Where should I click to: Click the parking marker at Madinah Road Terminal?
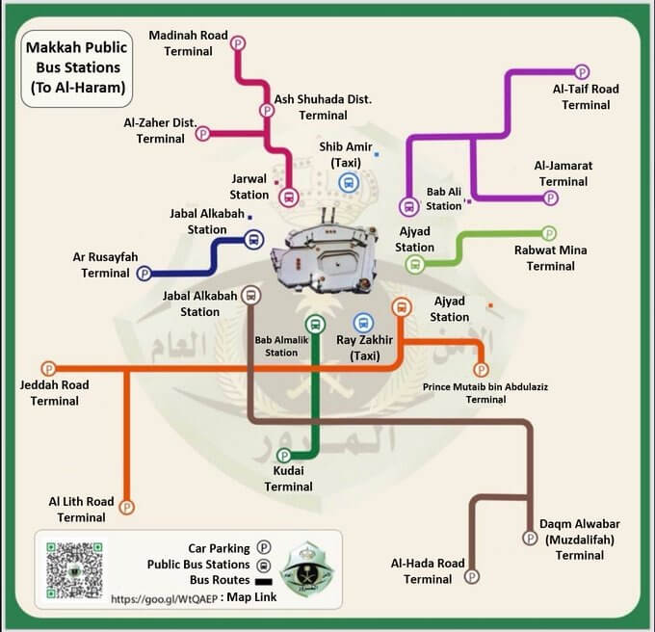(x=238, y=42)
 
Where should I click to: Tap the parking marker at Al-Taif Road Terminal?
(x=582, y=71)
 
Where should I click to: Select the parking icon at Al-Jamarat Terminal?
(x=551, y=198)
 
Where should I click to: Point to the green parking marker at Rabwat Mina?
(x=549, y=233)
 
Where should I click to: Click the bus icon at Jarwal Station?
(x=288, y=197)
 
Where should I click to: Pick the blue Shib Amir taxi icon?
(x=348, y=183)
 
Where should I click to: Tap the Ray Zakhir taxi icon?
(x=363, y=323)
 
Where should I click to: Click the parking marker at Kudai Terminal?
(x=284, y=455)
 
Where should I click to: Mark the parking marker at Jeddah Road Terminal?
(x=49, y=369)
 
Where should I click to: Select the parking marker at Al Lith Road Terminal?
(x=126, y=507)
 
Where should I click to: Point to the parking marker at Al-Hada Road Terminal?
(x=471, y=576)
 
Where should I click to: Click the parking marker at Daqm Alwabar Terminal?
(x=530, y=538)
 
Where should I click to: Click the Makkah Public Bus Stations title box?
(x=74, y=67)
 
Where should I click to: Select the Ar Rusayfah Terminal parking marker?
(x=144, y=274)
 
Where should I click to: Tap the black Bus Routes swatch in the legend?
(x=261, y=581)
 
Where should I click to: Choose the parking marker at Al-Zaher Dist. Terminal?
(x=203, y=134)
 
